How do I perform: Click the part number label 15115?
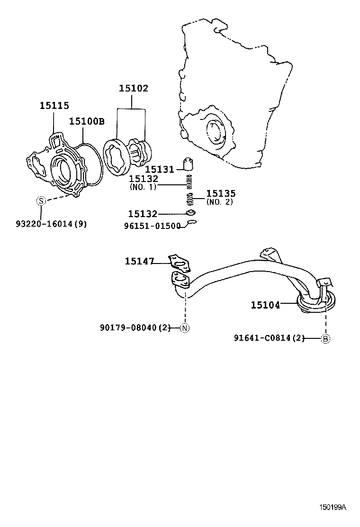[x=54, y=106]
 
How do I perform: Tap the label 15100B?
[x=87, y=121]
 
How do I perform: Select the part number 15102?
[x=133, y=88]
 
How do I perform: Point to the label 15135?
[x=221, y=194]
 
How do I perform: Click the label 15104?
[x=266, y=305]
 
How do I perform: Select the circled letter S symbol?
[x=41, y=201]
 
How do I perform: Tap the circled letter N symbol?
[x=185, y=328]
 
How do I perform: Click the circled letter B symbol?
[x=325, y=338]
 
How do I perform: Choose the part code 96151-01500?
[x=152, y=226]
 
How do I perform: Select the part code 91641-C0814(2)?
[x=269, y=338]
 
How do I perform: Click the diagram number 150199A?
[x=332, y=507]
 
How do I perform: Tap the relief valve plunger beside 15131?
[x=189, y=164]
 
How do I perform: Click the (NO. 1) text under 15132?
[x=143, y=187]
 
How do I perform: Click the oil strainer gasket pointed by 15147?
[x=178, y=260]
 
